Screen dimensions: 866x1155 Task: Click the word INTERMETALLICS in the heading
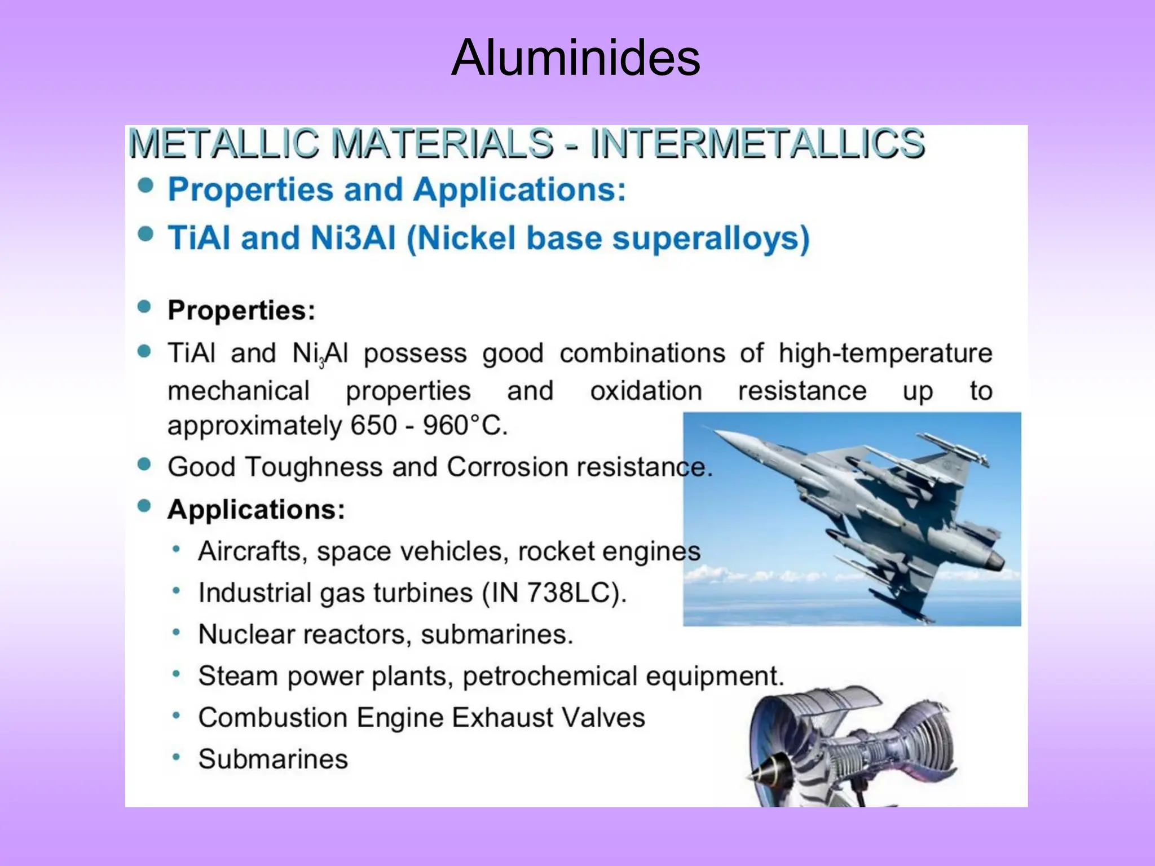click(757, 143)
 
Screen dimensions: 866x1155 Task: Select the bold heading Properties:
click(241, 310)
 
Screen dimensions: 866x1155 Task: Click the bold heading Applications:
click(256, 510)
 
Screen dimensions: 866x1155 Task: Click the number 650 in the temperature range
click(373, 426)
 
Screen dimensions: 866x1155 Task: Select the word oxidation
click(646, 391)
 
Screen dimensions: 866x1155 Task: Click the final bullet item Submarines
click(273, 759)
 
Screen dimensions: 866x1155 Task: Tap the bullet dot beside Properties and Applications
click(146, 186)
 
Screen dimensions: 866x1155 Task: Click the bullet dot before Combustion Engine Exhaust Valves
click(177, 716)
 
